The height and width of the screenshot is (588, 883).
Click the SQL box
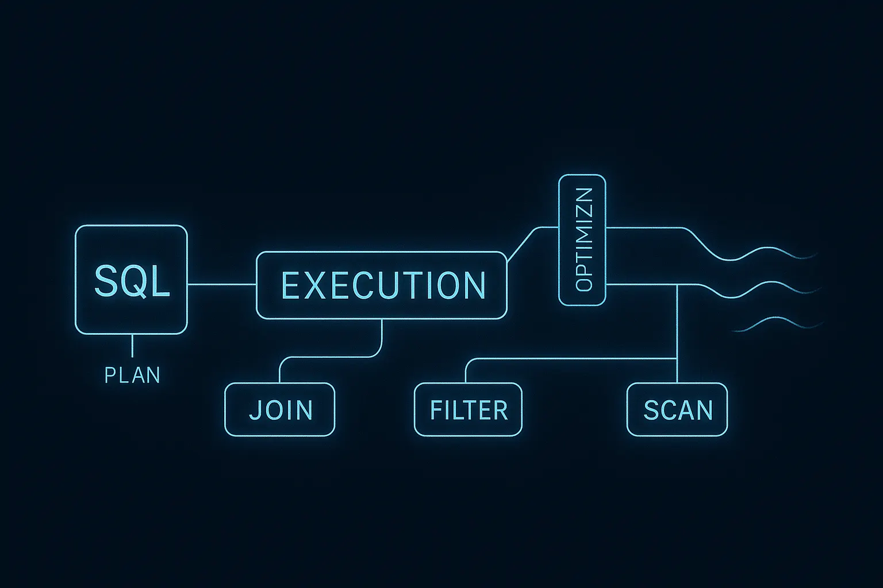click(x=131, y=280)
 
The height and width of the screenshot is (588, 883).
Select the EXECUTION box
click(x=382, y=285)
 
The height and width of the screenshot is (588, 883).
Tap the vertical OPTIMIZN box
click(x=582, y=239)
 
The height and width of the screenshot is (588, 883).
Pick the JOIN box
click(x=279, y=409)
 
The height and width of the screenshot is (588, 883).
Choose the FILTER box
click(x=468, y=409)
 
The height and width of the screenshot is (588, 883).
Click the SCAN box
click(x=677, y=409)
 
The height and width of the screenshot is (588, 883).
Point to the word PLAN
click(x=132, y=375)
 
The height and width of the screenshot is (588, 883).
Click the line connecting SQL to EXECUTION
click(x=221, y=284)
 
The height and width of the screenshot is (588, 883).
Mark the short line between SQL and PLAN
click(x=132, y=346)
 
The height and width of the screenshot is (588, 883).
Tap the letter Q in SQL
click(x=132, y=281)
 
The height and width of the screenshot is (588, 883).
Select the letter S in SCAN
click(x=651, y=410)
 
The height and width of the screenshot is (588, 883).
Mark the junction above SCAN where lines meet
click(x=677, y=358)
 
